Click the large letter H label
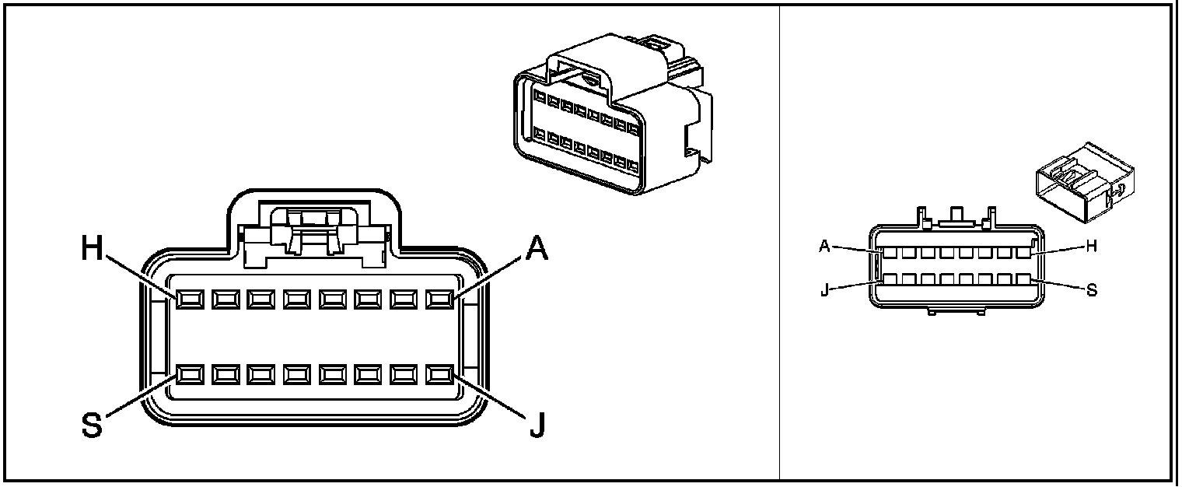tap(93, 249)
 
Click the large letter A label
tap(536, 249)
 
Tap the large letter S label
tap(93, 426)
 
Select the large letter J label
tap(536, 426)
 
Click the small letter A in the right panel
tap(825, 247)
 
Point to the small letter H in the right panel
tap(1091, 246)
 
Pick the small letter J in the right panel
tap(825, 293)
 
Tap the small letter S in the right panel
tap(1091, 290)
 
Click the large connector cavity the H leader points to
tap(188, 300)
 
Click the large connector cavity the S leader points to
tap(188, 375)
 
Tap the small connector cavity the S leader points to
tap(1023, 279)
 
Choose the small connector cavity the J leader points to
tap(889, 279)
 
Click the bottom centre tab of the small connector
tap(956, 311)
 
